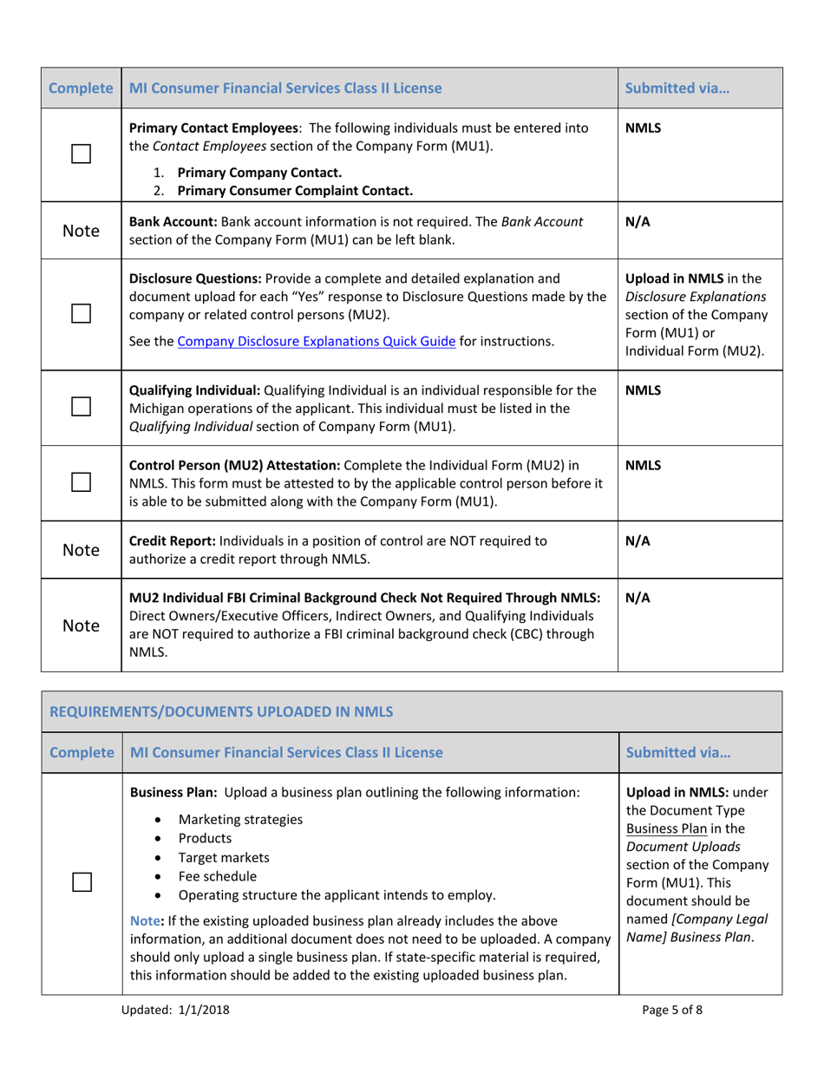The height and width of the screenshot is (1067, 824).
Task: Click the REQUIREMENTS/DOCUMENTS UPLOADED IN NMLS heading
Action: click(221, 712)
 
